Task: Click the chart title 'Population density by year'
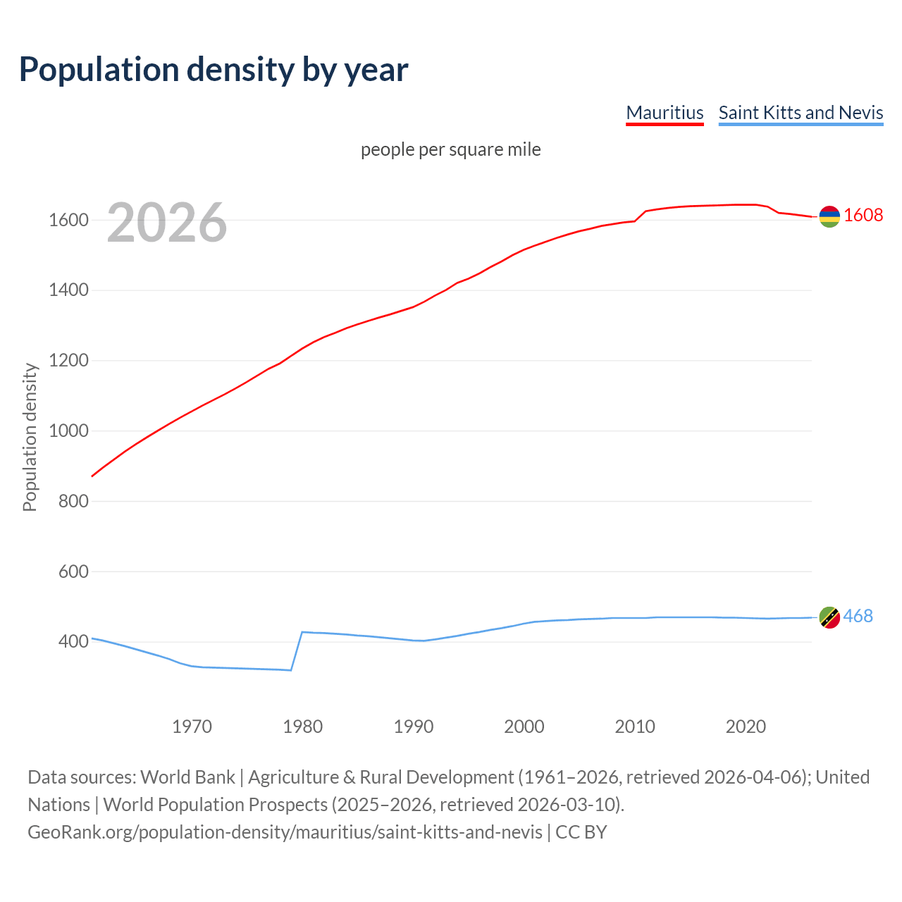[214, 70]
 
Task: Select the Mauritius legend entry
[665, 113]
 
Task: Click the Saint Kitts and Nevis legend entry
[801, 113]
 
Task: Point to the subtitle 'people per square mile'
[450, 150]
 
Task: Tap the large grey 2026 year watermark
[167, 223]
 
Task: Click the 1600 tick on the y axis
[68, 221]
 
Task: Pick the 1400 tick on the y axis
[68, 290]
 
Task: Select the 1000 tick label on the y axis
[68, 431]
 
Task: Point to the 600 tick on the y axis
[73, 572]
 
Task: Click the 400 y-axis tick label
[73, 642]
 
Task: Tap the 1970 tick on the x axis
[192, 727]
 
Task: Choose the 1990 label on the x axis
[414, 727]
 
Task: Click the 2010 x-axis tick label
[635, 727]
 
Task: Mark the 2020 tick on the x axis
[746, 727]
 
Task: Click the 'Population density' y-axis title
[30, 437]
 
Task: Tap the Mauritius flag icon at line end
[829, 216]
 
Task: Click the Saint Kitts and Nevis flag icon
[829, 617]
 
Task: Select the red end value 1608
[863, 216]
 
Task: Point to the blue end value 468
[858, 617]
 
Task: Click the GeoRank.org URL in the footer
[285, 832]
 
